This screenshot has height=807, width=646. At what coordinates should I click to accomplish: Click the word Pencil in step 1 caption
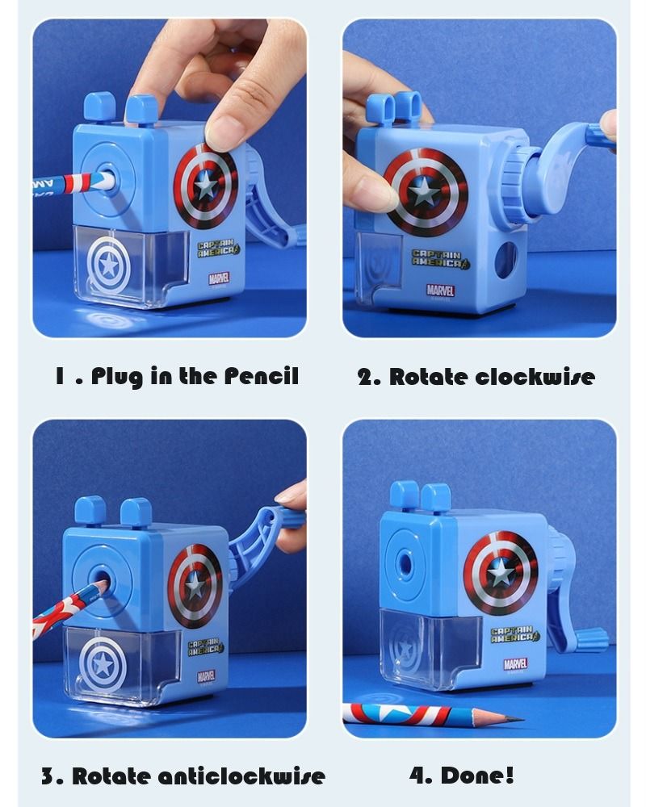point(261,376)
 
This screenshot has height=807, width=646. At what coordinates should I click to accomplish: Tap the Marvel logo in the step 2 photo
point(440,290)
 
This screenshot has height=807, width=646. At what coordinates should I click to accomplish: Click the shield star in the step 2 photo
point(423,191)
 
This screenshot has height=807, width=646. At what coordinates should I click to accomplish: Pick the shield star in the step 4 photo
point(501,572)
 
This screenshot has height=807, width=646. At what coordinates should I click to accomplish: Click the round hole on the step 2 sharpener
point(505,261)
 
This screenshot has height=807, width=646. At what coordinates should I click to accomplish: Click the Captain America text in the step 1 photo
point(219,246)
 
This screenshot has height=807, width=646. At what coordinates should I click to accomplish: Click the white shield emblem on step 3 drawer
point(103,664)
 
